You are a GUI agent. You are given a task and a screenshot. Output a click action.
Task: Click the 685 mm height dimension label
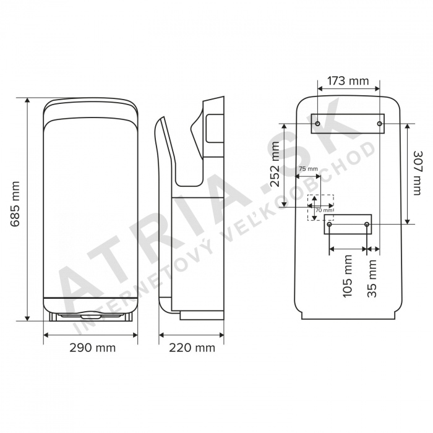[x=15, y=204]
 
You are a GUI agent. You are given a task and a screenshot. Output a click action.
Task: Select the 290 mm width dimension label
[x=93, y=348]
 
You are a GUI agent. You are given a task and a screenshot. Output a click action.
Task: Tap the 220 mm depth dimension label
[x=192, y=348]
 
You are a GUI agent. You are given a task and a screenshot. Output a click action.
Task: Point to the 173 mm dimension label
[x=348, y=81]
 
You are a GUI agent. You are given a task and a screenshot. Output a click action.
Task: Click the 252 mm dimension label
[x=275, y=165]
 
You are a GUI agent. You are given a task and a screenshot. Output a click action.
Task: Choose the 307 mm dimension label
[x=417, y=173]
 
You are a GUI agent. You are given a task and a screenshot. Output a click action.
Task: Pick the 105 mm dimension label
[x=348, y=276]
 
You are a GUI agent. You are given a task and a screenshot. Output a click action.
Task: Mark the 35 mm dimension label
[x=372, y=278]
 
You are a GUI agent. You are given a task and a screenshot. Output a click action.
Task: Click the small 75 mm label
[x=309, y=169]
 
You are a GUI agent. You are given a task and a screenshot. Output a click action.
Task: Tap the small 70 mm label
[x=324, y=210]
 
